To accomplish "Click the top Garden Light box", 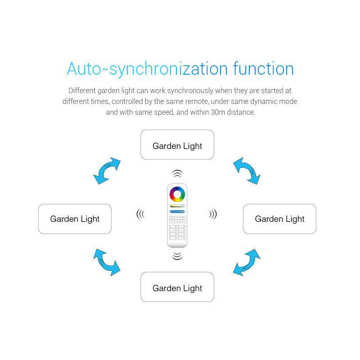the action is [x=177, y=144].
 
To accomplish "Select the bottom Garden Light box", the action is [x=177, y=287].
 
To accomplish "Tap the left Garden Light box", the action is [x=75, y=219].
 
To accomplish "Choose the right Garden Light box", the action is [x=279, y=219].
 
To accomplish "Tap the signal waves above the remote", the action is [x=177, y=174].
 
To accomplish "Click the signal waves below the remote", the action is [x=177, y=256].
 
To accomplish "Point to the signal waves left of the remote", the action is [x=140, y=214].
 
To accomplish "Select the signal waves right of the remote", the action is [x=213, y=214].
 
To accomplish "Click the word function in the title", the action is [x=263, y=68].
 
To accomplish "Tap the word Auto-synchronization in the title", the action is [x=147, y=69].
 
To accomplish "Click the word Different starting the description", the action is [x=82, y=90].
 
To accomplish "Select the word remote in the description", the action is [x=197, y=102].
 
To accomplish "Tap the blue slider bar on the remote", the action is [x=177, y=211].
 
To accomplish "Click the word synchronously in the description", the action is [x=190, y=91].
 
